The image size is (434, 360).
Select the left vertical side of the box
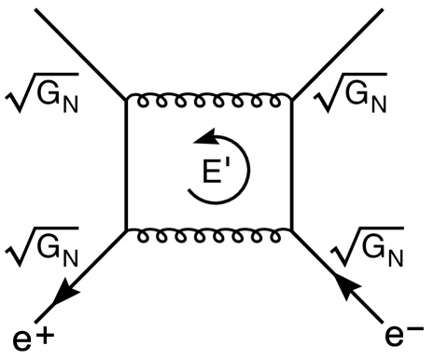tap(126, 163)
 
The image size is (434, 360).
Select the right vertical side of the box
tap(293, 163)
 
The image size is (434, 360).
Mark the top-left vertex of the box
tap(126, 97)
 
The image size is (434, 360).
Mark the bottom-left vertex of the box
tap(126, 230)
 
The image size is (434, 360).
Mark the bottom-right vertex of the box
tap(293, 230)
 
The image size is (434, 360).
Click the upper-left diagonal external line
tap(75, 51)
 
